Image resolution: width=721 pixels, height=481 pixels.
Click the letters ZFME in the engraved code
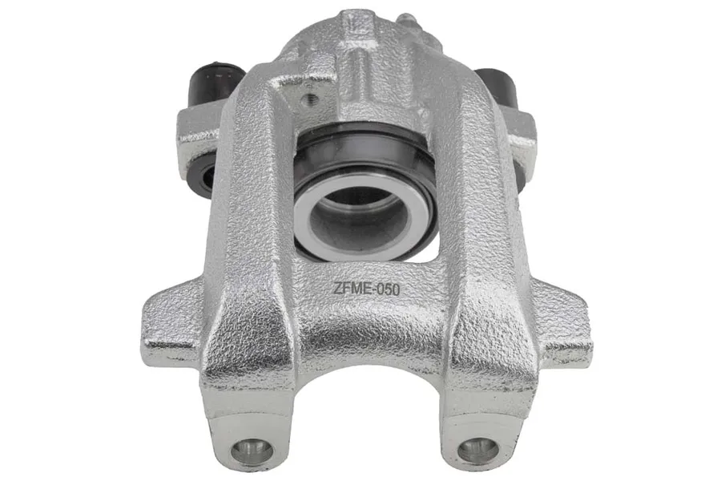pos(352,289)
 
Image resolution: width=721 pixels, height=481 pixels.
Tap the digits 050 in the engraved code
pos(389,289)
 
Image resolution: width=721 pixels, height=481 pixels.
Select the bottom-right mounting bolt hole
pos(477,450)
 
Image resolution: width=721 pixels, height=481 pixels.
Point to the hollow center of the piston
pos(356,212)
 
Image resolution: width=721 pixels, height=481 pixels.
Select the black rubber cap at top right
pos(497,87)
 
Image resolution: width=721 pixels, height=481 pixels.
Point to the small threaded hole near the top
pos(309,98)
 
